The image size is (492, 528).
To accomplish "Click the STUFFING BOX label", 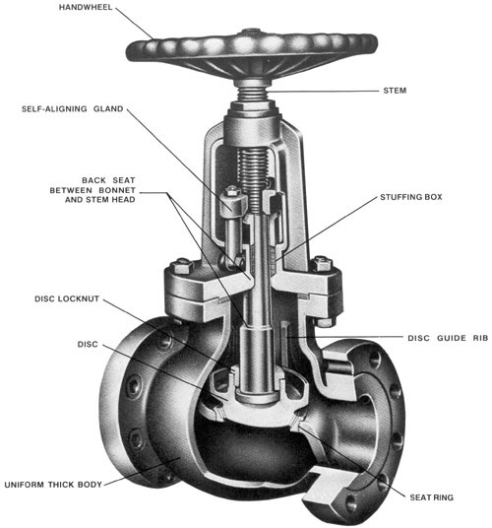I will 412,197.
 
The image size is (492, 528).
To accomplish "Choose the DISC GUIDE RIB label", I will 447,338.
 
